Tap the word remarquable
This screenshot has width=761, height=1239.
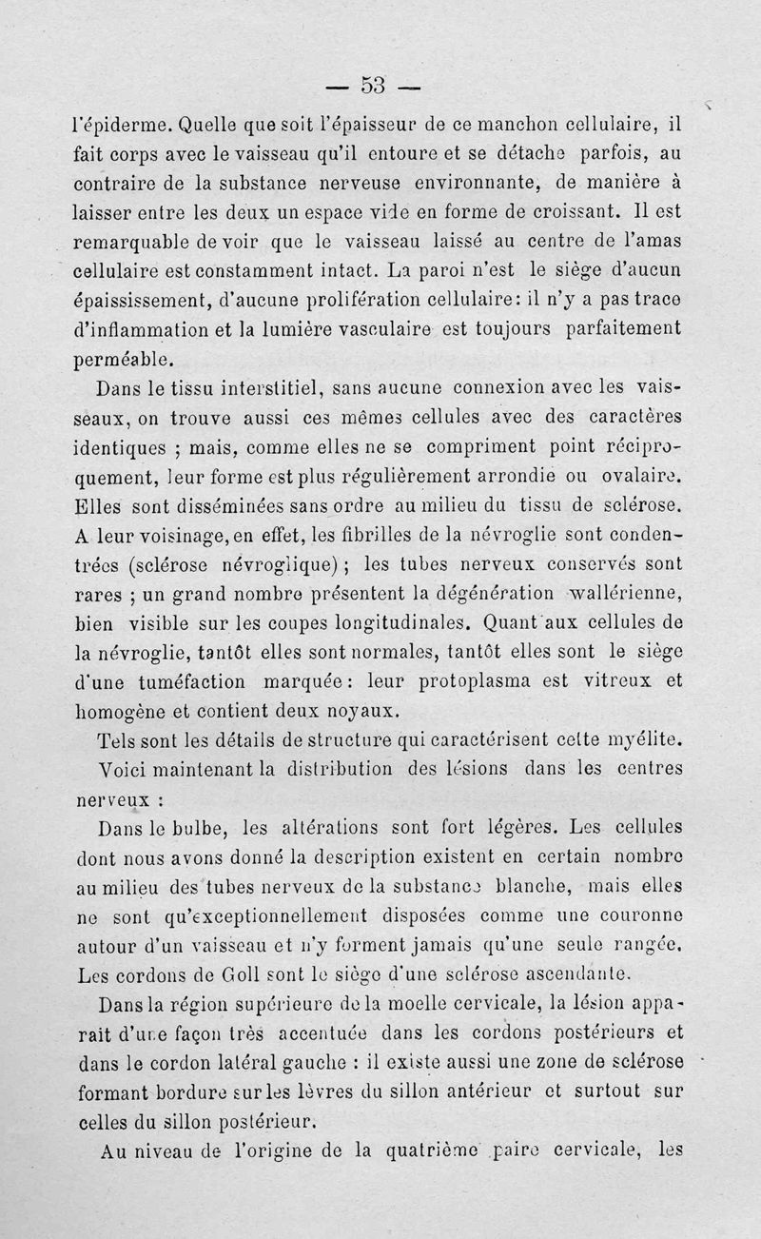point(132,240)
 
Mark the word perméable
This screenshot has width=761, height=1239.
point(124,360)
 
